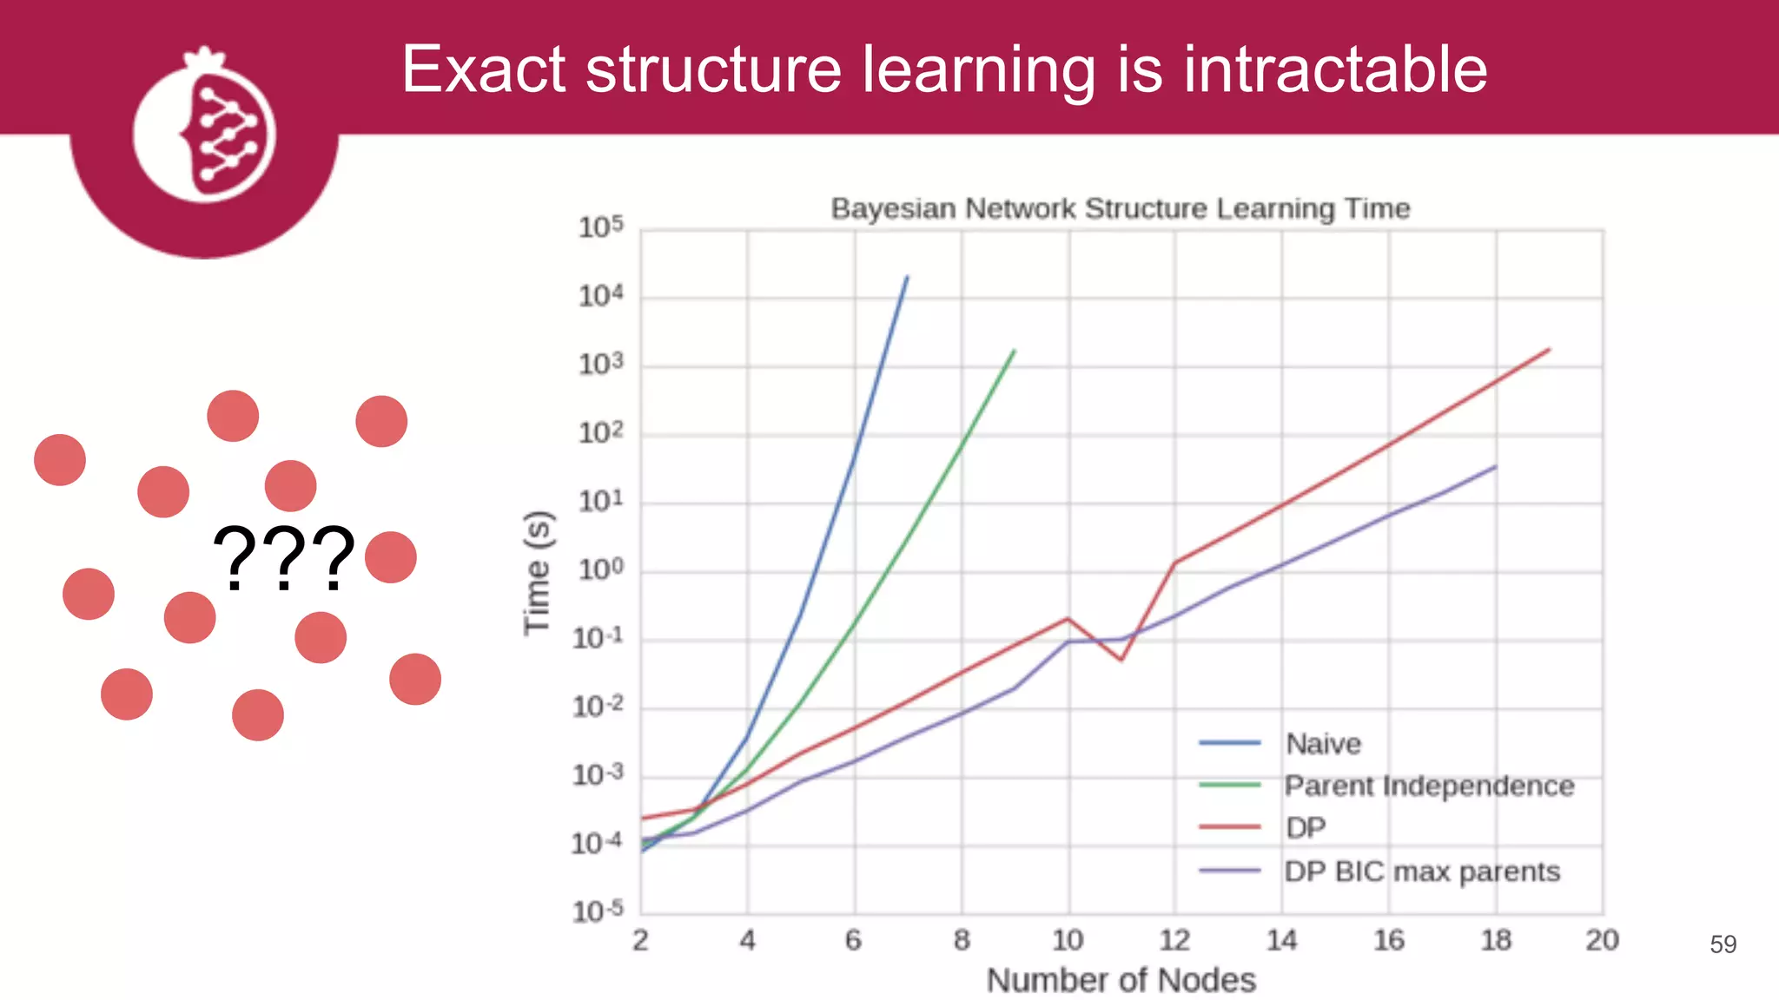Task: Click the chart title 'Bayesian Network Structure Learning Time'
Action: (x=1120, y=208)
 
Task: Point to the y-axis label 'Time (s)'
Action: (x=537, y=573)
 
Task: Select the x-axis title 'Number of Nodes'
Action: (x=1121, y=980)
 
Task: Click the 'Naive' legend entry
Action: (x=1322, y=743)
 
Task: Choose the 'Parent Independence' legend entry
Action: (x=1428, y=786)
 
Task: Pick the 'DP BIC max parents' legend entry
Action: (x=1421, y=871)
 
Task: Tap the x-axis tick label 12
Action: (x=1174, y=940)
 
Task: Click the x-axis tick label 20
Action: (x=1602, y=940)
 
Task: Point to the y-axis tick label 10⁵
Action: (x=601, y=227)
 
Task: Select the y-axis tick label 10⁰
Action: (x=601, y=570)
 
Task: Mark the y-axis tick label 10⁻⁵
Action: (x=598, y=911)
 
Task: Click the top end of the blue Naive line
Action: (x=907, y=277)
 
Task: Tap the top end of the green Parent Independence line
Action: (x=1014, y=351)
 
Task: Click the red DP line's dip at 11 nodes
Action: (x=1121, y=660)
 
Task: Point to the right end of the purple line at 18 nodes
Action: (x=1495, y=467)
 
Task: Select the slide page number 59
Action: (x=1723, y=944)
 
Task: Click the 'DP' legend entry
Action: (x=1305, y=828)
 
